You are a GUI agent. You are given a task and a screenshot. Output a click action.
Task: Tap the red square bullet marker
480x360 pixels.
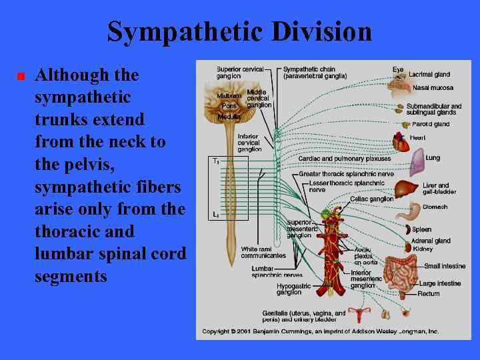pos(20,76)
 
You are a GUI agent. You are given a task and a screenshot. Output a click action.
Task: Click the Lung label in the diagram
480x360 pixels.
pos(433,158)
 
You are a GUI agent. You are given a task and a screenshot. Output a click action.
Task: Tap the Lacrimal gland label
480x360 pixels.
pos(429,75)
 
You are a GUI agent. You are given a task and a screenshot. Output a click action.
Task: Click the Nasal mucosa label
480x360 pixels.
pos(433,88)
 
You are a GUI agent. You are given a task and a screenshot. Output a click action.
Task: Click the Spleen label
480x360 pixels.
pos(422,229)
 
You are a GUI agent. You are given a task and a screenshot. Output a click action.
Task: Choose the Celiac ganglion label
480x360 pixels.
pos(371,199)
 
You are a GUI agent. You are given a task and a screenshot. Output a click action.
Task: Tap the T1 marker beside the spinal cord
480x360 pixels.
pos(215,161)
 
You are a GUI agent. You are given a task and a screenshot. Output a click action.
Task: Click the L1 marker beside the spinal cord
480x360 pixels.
pos(215,215)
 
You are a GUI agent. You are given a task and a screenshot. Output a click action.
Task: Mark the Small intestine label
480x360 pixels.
pos(445,267)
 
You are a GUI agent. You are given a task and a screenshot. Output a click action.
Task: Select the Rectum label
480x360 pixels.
pos(428,293)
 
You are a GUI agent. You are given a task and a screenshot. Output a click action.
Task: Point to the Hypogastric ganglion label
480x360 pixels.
pos(293,289)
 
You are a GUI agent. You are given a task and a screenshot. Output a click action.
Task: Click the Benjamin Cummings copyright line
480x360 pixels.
pos(321,331)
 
